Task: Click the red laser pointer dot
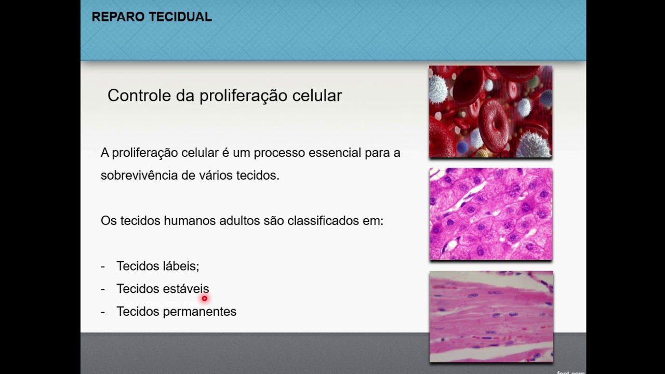[x=205, y=299]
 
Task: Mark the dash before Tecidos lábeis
[x=103, y=266]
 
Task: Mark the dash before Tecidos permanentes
[x=103, y=312]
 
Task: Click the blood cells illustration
[x=490, y=111]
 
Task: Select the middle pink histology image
[x=490, y=213]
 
